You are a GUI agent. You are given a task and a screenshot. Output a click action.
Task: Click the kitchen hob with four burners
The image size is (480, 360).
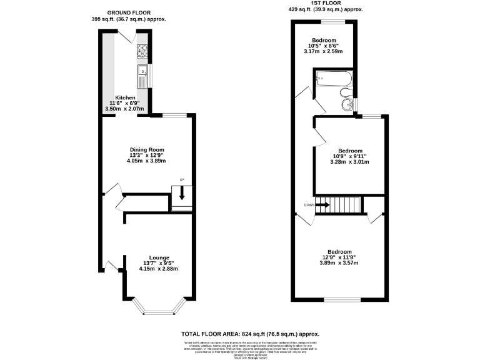tap(142, 51)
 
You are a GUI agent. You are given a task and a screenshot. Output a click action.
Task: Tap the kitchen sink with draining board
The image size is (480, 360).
tap(142, 76)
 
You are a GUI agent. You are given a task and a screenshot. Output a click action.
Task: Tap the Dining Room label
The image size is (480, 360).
tap(146, 149)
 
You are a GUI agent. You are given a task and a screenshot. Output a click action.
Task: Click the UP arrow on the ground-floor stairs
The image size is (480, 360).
tap(182, 194)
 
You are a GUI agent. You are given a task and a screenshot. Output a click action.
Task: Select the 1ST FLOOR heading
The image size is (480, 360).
tap(326, 4)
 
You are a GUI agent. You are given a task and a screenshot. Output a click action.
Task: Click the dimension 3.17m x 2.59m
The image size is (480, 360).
tap(328, 52)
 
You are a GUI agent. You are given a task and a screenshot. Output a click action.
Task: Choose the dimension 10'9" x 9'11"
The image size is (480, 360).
tap(350, 157)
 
